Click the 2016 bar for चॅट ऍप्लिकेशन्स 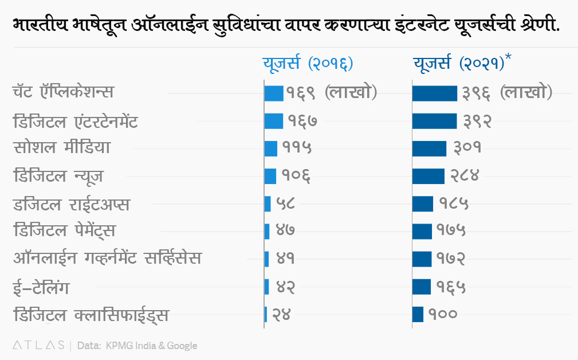pos(274,93)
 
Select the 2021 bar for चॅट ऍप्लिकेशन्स pos(435,93)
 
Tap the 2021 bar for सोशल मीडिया pos(429,148)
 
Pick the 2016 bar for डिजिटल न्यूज pos(270,176)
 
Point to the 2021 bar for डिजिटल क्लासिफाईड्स pos(418,314)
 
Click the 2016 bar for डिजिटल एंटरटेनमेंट pos(274,121)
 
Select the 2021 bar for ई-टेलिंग pos(422,286)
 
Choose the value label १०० pos(442,314)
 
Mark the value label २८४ pos(462,176)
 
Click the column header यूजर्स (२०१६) pos(308,62)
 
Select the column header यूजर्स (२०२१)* pos(462,62)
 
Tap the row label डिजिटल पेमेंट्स pos(64,230)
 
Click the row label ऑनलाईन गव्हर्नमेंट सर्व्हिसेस pos(107,258)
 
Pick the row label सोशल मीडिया pos(61,148)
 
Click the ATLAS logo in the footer pos(38,345)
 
